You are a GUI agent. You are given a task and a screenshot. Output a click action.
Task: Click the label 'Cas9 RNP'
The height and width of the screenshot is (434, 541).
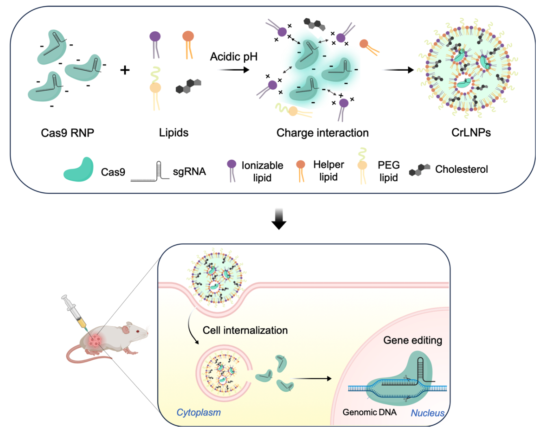(x=67, y=133)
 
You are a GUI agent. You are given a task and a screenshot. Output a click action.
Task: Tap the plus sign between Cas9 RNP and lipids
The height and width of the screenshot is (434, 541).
(x=125, y=70)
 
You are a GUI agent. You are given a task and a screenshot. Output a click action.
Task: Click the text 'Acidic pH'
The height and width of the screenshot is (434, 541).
(x=234, y=56)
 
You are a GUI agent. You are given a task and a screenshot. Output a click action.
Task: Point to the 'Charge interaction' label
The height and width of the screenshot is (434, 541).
(x=322, y=133)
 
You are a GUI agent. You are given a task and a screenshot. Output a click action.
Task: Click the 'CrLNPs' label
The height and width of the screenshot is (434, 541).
(x=471, y=132)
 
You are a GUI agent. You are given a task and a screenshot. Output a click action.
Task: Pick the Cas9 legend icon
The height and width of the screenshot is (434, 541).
(x=79, y=169)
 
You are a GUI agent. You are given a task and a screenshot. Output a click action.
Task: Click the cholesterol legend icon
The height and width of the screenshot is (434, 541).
(x=420, y=169)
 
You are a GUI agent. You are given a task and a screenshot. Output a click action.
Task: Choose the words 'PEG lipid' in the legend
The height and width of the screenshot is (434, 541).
(x=389, y=171)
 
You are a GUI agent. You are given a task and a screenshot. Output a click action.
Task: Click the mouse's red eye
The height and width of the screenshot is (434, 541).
(x=137, y=332)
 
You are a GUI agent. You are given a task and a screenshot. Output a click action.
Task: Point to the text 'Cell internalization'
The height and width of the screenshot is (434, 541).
(x=245, y=330)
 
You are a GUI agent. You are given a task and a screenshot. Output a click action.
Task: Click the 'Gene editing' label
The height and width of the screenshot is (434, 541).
(x=413, y=340)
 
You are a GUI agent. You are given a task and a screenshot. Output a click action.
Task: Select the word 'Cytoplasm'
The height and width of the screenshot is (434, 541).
(x=199, y=412)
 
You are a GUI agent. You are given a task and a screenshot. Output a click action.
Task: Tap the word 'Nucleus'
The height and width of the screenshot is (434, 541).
(x=428, y=413)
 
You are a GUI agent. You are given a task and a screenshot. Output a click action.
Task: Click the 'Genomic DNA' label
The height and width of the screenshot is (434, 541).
(x=370, y=412)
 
